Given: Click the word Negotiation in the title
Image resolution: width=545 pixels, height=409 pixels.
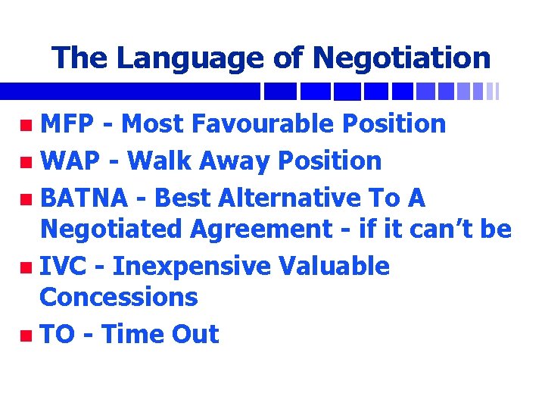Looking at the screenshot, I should click(401, 58).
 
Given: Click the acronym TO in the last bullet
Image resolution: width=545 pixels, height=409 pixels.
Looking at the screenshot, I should click(57, 334).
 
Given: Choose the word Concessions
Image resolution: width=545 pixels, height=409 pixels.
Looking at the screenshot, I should click(118, 297).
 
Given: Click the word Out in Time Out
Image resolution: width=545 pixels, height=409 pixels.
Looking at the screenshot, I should click(196, 334).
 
